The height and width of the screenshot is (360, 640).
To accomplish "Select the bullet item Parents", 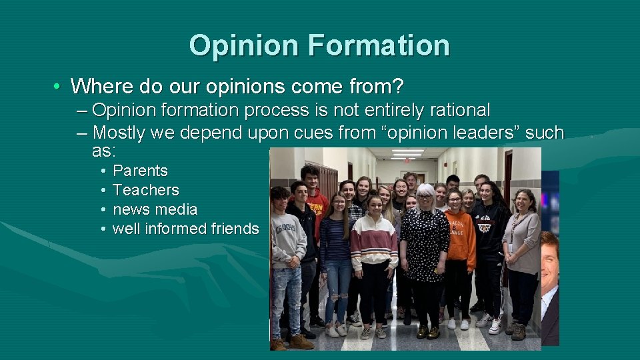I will click(x=140, y=171).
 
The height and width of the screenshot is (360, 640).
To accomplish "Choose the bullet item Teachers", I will click(x=145, y=190).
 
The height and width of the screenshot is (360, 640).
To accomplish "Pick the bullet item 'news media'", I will click(x=155, y=209).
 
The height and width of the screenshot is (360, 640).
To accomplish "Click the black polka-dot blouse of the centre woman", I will click(x=423, y=240).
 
